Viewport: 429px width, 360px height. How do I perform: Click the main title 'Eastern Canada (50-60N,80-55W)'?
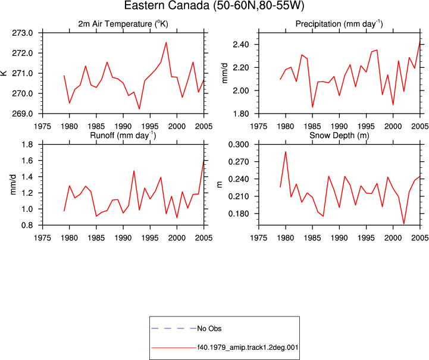[214, 5]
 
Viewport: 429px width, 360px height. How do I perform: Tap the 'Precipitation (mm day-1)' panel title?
[339, 24]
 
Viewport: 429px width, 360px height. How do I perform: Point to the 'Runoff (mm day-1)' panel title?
[123, 136]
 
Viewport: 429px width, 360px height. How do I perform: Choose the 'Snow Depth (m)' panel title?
[339, 136]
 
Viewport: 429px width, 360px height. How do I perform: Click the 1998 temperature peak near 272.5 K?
[166, 42]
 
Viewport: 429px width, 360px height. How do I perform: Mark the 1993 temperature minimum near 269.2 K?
[139, 109]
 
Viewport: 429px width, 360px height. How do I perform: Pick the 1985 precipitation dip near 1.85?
[312, 107]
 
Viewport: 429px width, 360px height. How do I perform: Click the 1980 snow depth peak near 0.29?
[286, 152]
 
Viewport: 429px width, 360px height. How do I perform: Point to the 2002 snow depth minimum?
[404, 224]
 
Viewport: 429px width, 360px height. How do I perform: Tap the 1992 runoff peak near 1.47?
[134, 171]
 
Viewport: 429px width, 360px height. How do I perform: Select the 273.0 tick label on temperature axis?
[22, 33]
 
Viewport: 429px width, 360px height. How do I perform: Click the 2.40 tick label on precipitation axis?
[241, 44]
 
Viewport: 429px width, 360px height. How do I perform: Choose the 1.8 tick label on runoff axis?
[27, 145]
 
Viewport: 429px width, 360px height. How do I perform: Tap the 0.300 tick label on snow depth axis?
[239, 145]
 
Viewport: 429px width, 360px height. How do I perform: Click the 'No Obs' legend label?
[209, 328]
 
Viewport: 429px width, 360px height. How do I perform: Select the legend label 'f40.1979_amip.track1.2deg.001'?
[248, 348]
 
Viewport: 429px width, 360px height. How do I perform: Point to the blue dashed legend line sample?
[174, 328]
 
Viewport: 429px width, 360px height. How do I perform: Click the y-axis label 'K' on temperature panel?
[4, 73]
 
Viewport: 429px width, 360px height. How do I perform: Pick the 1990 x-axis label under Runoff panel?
[123, 238]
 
